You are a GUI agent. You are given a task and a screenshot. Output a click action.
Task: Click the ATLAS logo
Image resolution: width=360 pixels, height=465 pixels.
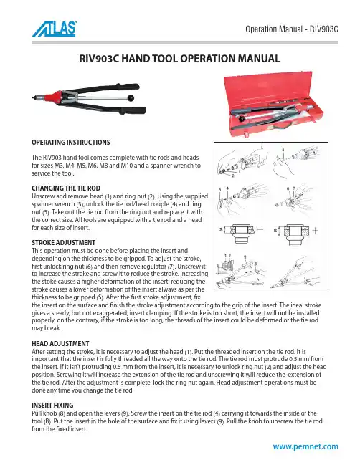[55, 29]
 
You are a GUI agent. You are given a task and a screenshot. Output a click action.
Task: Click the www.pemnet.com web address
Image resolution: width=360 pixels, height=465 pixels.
[305, 446]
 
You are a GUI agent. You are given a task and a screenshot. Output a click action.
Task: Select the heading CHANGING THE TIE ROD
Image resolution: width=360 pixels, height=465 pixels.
[66, 188]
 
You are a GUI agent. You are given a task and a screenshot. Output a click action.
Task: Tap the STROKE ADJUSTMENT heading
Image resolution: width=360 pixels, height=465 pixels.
[64, 242]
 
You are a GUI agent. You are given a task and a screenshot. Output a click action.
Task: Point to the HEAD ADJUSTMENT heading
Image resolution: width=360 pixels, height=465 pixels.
[60, 343]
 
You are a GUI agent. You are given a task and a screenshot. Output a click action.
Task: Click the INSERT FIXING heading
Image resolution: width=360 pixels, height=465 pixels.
[52, 405]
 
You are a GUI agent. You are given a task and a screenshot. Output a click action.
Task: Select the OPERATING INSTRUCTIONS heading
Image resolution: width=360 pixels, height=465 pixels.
[71, 142]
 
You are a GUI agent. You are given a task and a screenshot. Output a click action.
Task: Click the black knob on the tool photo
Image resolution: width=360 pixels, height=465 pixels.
[131, 97]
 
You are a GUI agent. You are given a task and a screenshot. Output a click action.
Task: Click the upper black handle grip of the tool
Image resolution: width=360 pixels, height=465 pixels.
[128, 87]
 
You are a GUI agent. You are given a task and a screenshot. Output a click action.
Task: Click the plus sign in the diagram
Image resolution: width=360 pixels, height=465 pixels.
[316, 231]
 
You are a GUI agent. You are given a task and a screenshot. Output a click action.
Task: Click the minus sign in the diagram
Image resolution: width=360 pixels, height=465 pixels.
[260, 229]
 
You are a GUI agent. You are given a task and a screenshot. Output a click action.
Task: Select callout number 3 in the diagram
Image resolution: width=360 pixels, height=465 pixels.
[283, 150]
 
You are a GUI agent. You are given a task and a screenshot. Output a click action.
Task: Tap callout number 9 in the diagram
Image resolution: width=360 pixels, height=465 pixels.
[245, 257]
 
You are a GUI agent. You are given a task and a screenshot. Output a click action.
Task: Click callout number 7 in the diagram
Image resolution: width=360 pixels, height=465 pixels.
[294, 188]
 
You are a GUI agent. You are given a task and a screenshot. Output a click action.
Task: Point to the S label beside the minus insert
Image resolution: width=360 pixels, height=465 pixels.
[221, 229]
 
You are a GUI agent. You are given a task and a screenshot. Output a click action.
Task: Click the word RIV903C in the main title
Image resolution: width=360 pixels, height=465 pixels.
[99, 59]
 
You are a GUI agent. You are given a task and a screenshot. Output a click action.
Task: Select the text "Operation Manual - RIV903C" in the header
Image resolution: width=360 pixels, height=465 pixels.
[292, 29]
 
